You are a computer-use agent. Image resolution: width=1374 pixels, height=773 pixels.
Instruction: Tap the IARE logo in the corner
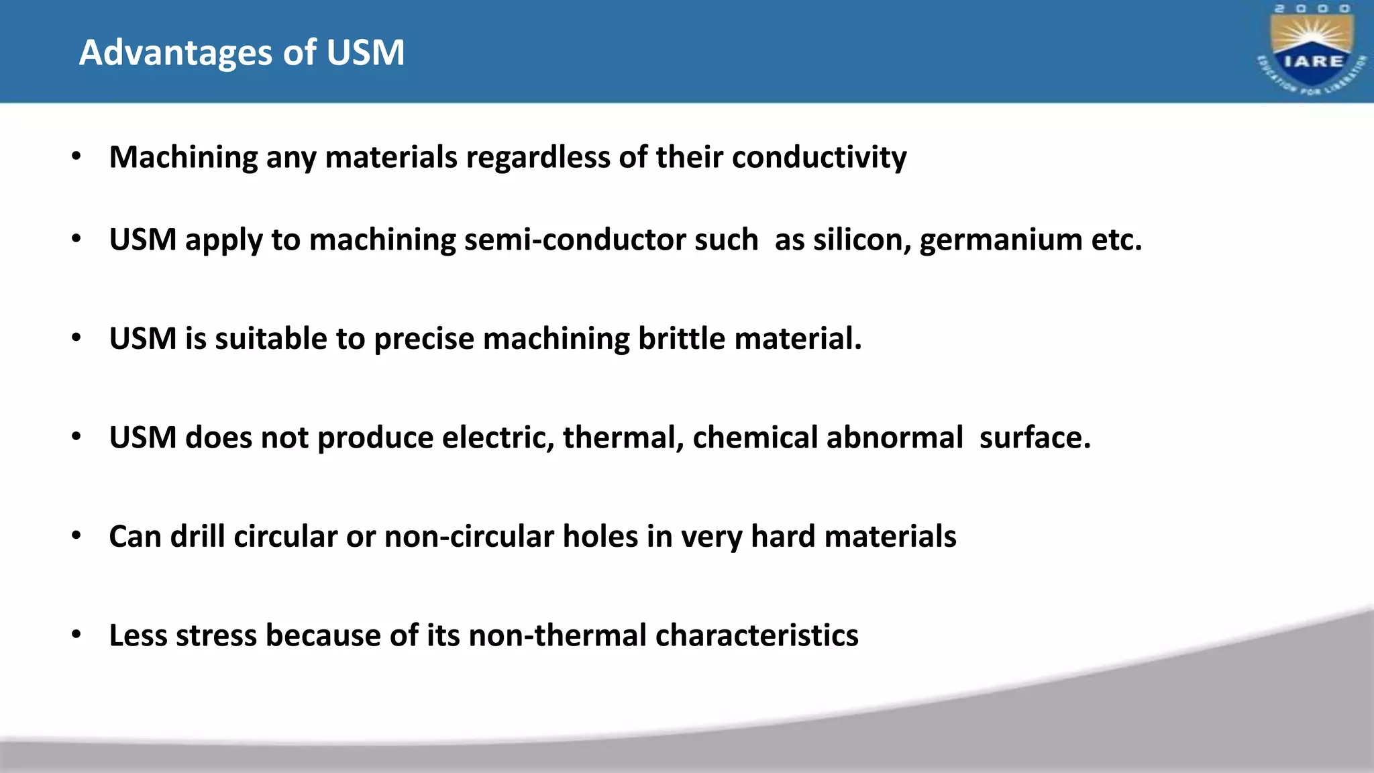pos(1312,51)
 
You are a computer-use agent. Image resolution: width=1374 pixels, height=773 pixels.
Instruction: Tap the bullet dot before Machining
pos(76,157)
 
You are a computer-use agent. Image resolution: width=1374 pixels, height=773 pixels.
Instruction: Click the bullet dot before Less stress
pos(76,635)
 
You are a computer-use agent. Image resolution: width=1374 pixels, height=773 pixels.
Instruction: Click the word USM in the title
pos(365,52)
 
